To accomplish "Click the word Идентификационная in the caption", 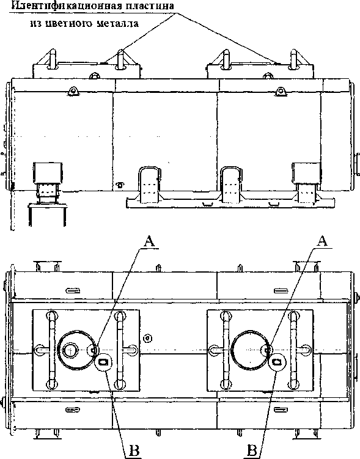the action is pos(66,6).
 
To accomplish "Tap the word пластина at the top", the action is pos(150,6).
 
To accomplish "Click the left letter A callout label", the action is pos(149,242).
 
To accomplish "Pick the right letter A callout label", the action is pos(321,241).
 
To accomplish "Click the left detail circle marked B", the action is pos(103,362).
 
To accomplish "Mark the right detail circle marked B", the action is pos(277,362).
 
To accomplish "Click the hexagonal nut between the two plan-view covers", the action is pos(148,339).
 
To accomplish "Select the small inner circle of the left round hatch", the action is pos(70,350).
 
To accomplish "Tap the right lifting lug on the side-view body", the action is pos(280,91).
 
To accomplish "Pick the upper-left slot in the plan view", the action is pos(73,290).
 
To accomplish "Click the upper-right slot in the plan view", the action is pos(281,291).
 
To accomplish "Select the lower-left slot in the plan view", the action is pos(73,410).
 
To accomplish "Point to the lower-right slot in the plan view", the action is pos(281,410).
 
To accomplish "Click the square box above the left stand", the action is pos(48,173).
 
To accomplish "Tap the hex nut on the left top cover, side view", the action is pos(94,76).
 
